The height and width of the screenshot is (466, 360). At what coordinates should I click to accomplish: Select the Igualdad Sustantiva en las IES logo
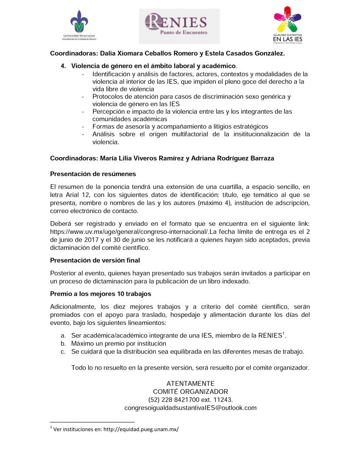coord(287,25)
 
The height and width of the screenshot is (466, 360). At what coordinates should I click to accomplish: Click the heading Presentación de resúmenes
coord(93,174)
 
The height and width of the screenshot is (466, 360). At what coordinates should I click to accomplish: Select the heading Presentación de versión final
coord(95,260)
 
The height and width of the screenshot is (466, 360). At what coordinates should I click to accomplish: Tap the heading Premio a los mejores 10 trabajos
coord(100,294)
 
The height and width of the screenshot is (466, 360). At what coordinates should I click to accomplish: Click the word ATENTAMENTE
coord(190,384)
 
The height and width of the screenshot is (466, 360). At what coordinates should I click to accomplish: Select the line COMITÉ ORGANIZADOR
coord(190,391)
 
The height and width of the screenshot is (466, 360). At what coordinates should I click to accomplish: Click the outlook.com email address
coord(190,408)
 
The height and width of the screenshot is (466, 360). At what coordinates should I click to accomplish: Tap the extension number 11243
coord(216,400)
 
